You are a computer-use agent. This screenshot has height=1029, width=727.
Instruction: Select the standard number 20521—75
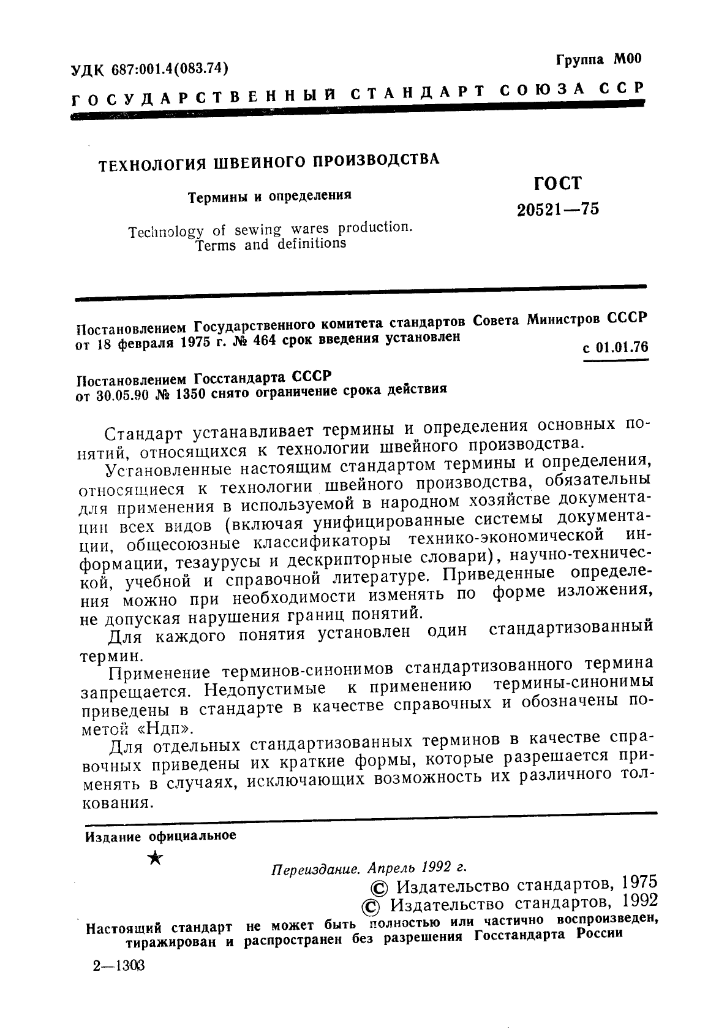[x=558, y=210]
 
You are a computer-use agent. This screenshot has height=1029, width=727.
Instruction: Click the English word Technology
[x=167, y=232]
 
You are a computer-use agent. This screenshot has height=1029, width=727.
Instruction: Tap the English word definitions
[x=311, y=243]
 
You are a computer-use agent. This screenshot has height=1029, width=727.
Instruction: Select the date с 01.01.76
[x=615, y=347]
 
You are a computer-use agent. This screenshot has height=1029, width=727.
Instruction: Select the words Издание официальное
[x=160, y=837]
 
